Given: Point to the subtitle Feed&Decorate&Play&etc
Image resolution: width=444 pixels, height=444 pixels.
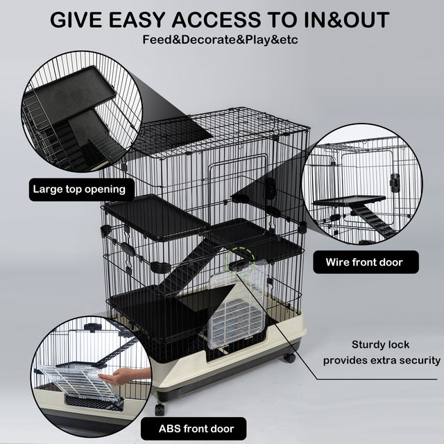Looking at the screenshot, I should click(221, 39).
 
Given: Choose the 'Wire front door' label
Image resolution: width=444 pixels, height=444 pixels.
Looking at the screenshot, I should click(364, 262).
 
